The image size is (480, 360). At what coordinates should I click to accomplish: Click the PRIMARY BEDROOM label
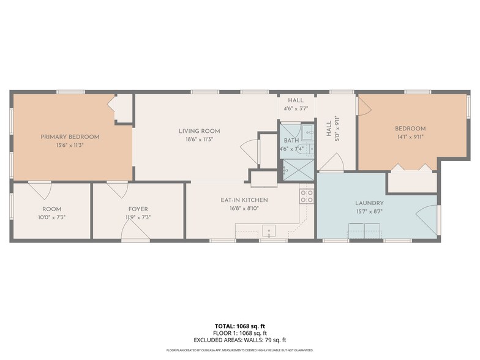(70, 137)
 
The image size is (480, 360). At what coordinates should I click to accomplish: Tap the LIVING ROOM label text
(199, 131)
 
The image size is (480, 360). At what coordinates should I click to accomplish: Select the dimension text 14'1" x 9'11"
(410, 137)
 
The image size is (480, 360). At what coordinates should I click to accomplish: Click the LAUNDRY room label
(369, 203)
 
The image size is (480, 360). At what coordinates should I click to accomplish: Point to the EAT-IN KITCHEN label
(244, 200)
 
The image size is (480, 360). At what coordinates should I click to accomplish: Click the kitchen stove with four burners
(306, 196)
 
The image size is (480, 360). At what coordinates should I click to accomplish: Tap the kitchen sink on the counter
(268, 231)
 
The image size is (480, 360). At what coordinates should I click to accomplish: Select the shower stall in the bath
(298, 169)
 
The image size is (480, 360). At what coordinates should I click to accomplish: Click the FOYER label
(137, 209)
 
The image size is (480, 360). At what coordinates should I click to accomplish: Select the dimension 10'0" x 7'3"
(51, 217)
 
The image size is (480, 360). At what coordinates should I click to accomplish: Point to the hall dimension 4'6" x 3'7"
(296, 108)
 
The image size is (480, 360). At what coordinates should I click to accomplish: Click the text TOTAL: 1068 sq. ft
(240, 326)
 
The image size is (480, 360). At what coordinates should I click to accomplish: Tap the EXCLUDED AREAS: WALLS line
(240, 340)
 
